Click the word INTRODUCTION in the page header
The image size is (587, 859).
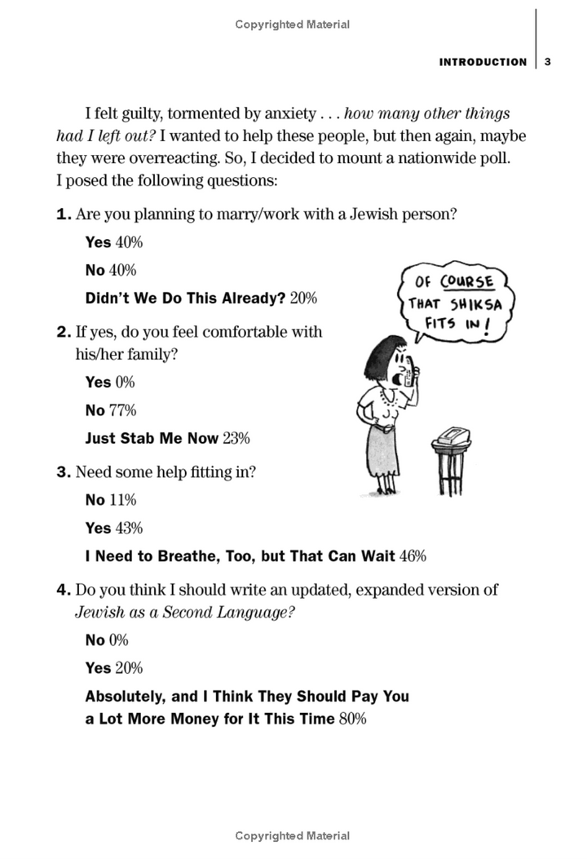tap(483, 62)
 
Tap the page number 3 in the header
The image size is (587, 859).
tap(548, 62)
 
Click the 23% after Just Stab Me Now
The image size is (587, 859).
tap(236, 438)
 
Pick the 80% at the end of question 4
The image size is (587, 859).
tap(353, 719)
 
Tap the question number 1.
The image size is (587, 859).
tap(63, 215)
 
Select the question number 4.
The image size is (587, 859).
tap(63, 589)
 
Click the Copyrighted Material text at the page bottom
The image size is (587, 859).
tap(293, 835)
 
